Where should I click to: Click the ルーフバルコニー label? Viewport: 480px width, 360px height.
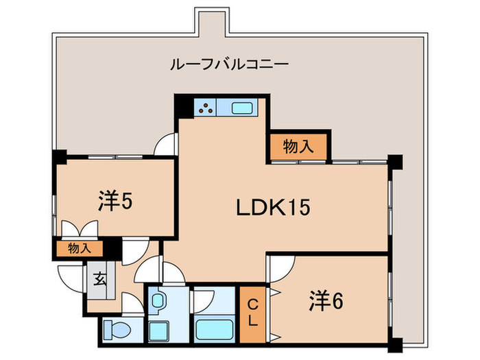[x=229, y=65]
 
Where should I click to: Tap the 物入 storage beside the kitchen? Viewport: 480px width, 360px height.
[x=298, y=146]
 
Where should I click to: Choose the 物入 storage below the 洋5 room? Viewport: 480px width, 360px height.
[x=80, y=248]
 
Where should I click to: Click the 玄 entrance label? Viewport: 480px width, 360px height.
[x=100, y=280]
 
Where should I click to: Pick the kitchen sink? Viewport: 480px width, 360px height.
[x=243, y=108]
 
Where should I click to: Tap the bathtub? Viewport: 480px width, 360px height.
[x=215, y=328]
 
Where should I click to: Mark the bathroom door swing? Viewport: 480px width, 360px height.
[x=204, y=299]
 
